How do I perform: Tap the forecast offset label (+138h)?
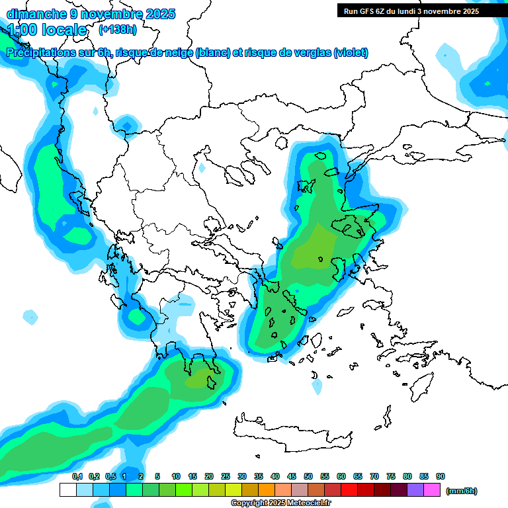pos(118,29)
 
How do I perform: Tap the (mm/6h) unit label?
pos(462,491)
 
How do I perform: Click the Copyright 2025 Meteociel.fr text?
pos(280,503)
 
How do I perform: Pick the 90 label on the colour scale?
pos(441,477)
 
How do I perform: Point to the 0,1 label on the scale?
pos(77,477)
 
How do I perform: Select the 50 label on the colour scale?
pos(308,477)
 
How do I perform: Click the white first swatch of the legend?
pos(67,490)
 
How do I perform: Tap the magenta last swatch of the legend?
pos(432,490)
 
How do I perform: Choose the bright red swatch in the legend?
pos(349,490)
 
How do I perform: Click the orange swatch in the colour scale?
pos(267,490)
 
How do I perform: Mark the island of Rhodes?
pos(422,384)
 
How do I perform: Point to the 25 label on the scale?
pos(226,477)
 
